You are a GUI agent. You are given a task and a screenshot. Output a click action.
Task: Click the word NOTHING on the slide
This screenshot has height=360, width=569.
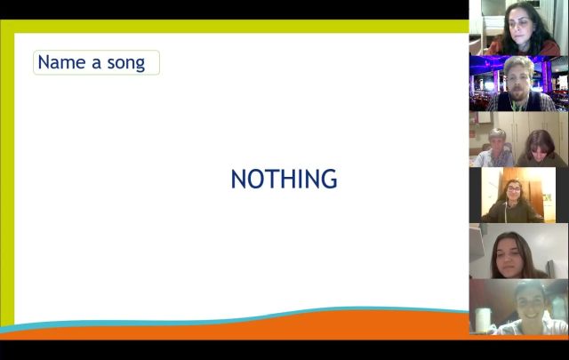coord(284,179)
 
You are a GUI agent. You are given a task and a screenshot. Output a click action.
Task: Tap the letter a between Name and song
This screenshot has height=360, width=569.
coord(96,63)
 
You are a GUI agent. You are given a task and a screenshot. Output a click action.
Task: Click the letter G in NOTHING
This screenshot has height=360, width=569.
coord(329,179)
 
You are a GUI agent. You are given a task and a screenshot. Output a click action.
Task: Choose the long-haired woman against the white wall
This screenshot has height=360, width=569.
coord(516,255)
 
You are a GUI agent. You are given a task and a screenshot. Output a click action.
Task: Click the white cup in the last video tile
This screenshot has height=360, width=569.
coord(483,320)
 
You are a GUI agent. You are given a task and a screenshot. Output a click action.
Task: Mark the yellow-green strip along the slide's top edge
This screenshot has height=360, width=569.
coord(235,26)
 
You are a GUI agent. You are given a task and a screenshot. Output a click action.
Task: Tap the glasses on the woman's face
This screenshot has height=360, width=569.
coord(514,189)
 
